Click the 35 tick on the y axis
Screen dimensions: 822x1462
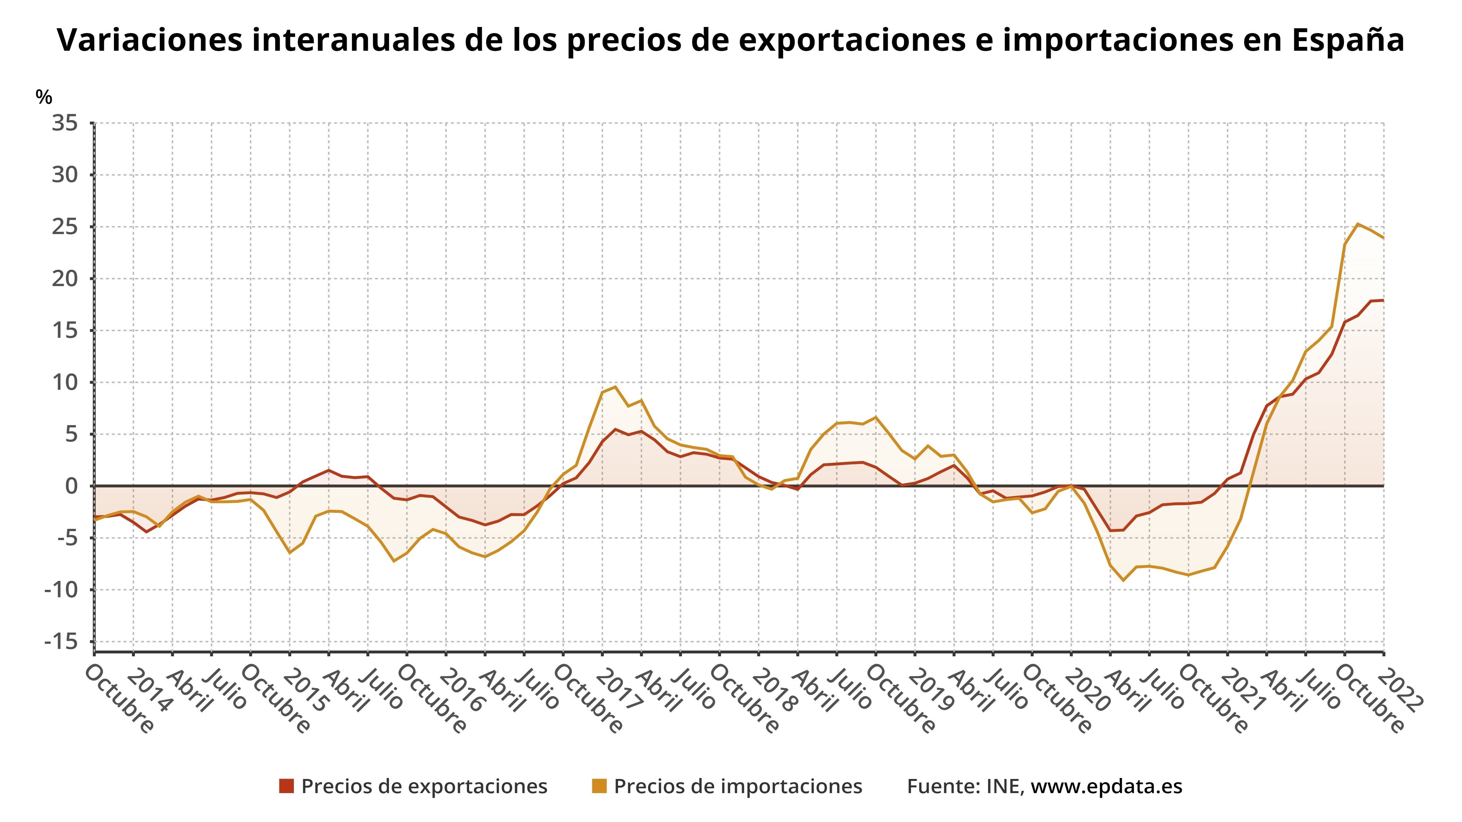pyautogui.click(x=65, y=123)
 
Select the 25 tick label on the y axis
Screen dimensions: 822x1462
pyautogui.click(x=65, y=227)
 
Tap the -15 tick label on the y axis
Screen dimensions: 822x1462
pyautogui.click(x=61, y=642)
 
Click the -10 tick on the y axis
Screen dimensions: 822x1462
pyautogui.click(x=61, y=590)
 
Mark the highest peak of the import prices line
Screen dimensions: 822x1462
pyautogui.click(x=1358, y=224)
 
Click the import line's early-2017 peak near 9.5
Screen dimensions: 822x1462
pyautogui.click(x=615, y=387)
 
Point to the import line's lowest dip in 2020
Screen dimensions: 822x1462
pyautogui.click(x=1123, y=580)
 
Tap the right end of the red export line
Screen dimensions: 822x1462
pyautogui.click(x=1383, y=300)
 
